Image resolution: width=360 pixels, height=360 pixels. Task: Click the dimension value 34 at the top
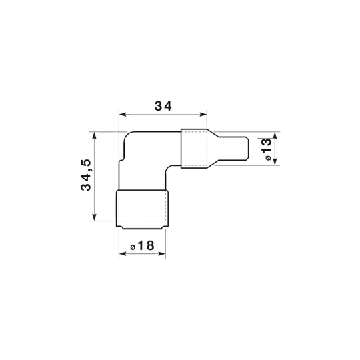tap(163, 106)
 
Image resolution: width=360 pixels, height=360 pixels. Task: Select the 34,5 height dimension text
tap(86, 175)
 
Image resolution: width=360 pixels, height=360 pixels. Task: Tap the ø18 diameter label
tap(143, 245)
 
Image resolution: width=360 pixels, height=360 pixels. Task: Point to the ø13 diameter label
tap(266, 149)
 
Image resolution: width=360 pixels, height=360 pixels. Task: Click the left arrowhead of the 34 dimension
tap(123, 115)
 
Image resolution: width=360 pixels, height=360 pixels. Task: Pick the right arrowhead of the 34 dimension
tap(203, 115)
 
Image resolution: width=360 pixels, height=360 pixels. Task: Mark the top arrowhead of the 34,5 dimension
tap(94, 136)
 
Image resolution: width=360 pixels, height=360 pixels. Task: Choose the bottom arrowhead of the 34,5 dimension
tap(94, 217)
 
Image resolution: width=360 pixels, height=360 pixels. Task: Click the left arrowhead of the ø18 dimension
tap(123, 254)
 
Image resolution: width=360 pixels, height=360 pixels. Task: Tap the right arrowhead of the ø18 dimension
tap(162, 254)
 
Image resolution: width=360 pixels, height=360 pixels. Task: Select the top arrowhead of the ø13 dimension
tap(275, 136)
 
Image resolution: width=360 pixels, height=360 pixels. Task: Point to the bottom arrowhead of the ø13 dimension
tap(275, 161)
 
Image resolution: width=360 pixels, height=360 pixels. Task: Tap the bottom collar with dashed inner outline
tap(143, 209)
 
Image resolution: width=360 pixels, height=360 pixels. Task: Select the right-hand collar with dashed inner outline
tap(194, 149)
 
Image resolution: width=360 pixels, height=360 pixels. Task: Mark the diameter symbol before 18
tap(133, 247)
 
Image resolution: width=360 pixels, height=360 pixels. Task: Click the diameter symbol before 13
tap(269, 158)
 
